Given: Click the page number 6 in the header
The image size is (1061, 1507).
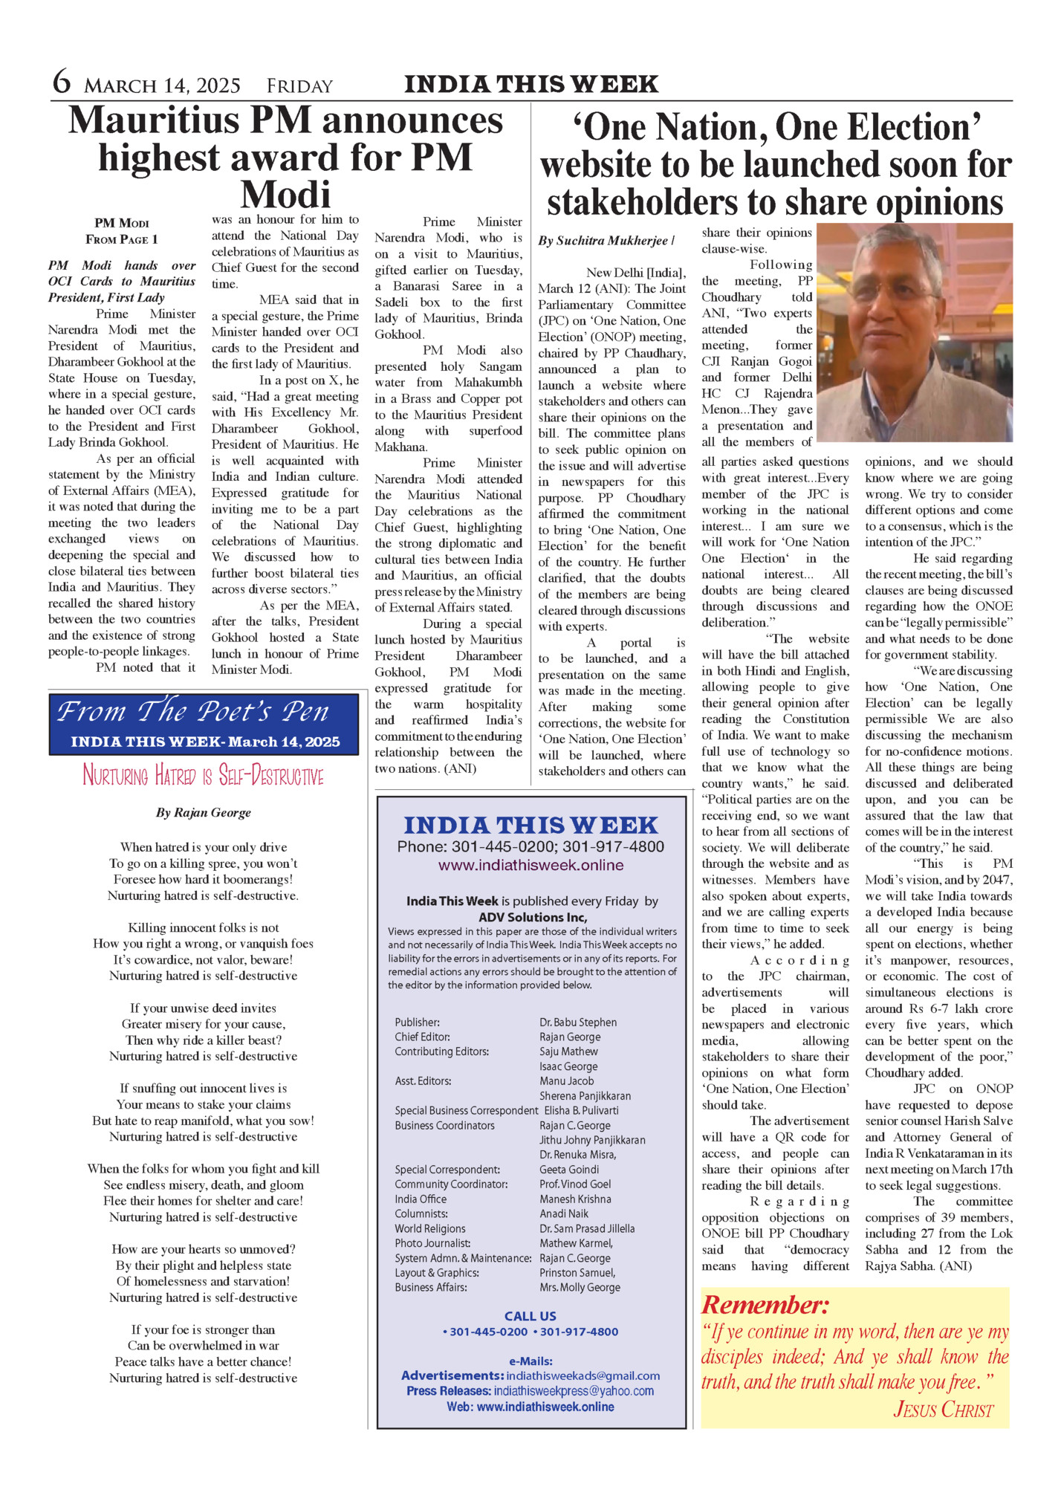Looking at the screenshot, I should tap(62, 82).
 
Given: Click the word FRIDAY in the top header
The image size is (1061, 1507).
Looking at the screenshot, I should tap(299, 86).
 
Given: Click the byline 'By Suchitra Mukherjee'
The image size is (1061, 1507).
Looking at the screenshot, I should tap(603, 241).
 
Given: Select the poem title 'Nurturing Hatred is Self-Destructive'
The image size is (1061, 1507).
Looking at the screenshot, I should tap(203, 776).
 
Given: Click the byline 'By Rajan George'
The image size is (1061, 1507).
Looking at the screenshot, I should tap(203, 813).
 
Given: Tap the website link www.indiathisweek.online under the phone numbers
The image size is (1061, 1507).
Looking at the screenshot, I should tap(530, 865).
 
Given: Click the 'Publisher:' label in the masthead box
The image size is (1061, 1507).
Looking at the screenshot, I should tap(417, 1023).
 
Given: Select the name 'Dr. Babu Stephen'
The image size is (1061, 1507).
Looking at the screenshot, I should tap(578, 1023).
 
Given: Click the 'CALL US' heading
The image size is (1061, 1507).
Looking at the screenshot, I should tap(530, 1316).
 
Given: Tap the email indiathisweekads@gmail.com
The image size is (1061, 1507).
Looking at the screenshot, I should tap(583, 1375).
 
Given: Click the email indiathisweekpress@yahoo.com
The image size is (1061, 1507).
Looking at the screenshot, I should tap(574, 1390).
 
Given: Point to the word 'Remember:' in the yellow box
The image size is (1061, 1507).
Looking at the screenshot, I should tap(765, 1305).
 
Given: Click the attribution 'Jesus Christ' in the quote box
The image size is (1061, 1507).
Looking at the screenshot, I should tap(943, 1410).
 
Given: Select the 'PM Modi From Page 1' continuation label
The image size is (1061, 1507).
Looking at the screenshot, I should tap(122, 231).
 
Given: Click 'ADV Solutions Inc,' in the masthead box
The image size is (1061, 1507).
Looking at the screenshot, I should tap(532, 917).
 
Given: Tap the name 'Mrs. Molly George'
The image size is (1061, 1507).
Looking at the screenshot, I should tap(580, 1287).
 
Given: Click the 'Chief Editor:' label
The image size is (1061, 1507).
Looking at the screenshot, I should tap(422, 1037).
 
